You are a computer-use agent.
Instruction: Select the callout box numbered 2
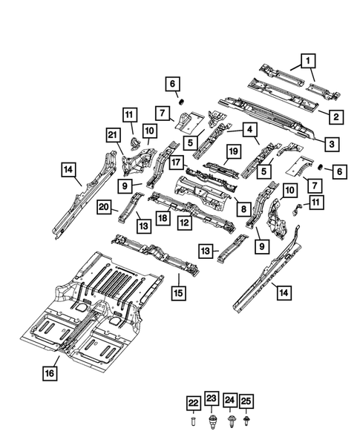click(x=336, y=116)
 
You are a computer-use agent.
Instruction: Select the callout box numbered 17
click(x=177, y=160)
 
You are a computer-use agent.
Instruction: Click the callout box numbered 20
click(x=103, y=208)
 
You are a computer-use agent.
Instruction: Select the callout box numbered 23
click(x=210, y=401)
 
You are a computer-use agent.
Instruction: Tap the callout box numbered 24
click(x=229, y=401)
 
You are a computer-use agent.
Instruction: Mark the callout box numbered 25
click(x=246, y=401)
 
